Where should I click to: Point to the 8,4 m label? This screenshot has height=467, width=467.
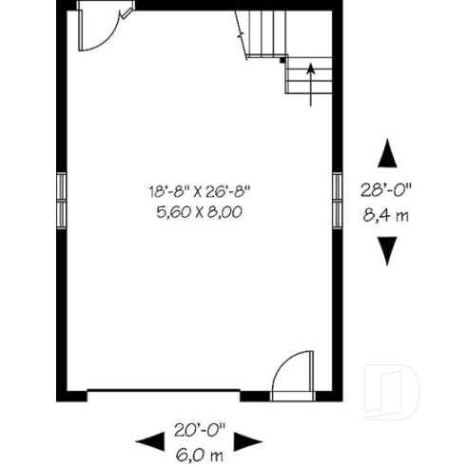tap(386, 214)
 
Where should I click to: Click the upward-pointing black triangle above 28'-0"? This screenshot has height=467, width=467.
tap(386, 154)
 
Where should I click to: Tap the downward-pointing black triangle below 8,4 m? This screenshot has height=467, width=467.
tap(386, 249)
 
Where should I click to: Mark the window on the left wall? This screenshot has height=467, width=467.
tap(61, 200)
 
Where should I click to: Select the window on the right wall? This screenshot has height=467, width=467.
tap(337, 200)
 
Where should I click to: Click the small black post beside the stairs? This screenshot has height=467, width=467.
tap(282, 60)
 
